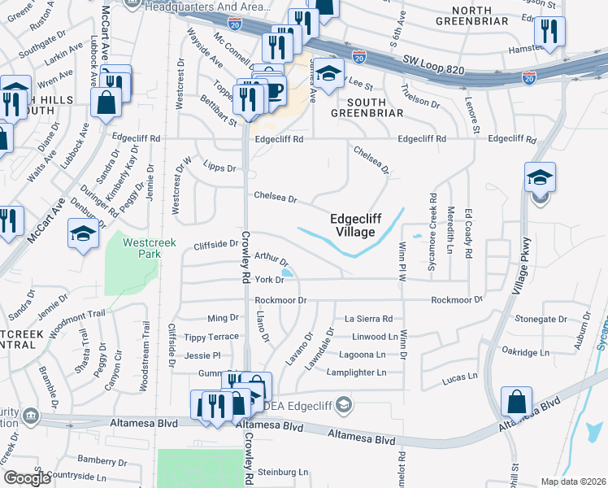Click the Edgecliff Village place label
(353, 225)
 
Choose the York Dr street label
(268, 280)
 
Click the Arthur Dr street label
(271, 259)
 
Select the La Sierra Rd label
(368, 319)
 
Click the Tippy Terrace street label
(211, 337)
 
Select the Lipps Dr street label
(219, 168)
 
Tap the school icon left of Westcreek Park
(83, 235)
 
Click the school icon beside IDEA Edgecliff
(345, 404)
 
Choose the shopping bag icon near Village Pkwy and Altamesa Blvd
(517, 401)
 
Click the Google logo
(27, 478)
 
